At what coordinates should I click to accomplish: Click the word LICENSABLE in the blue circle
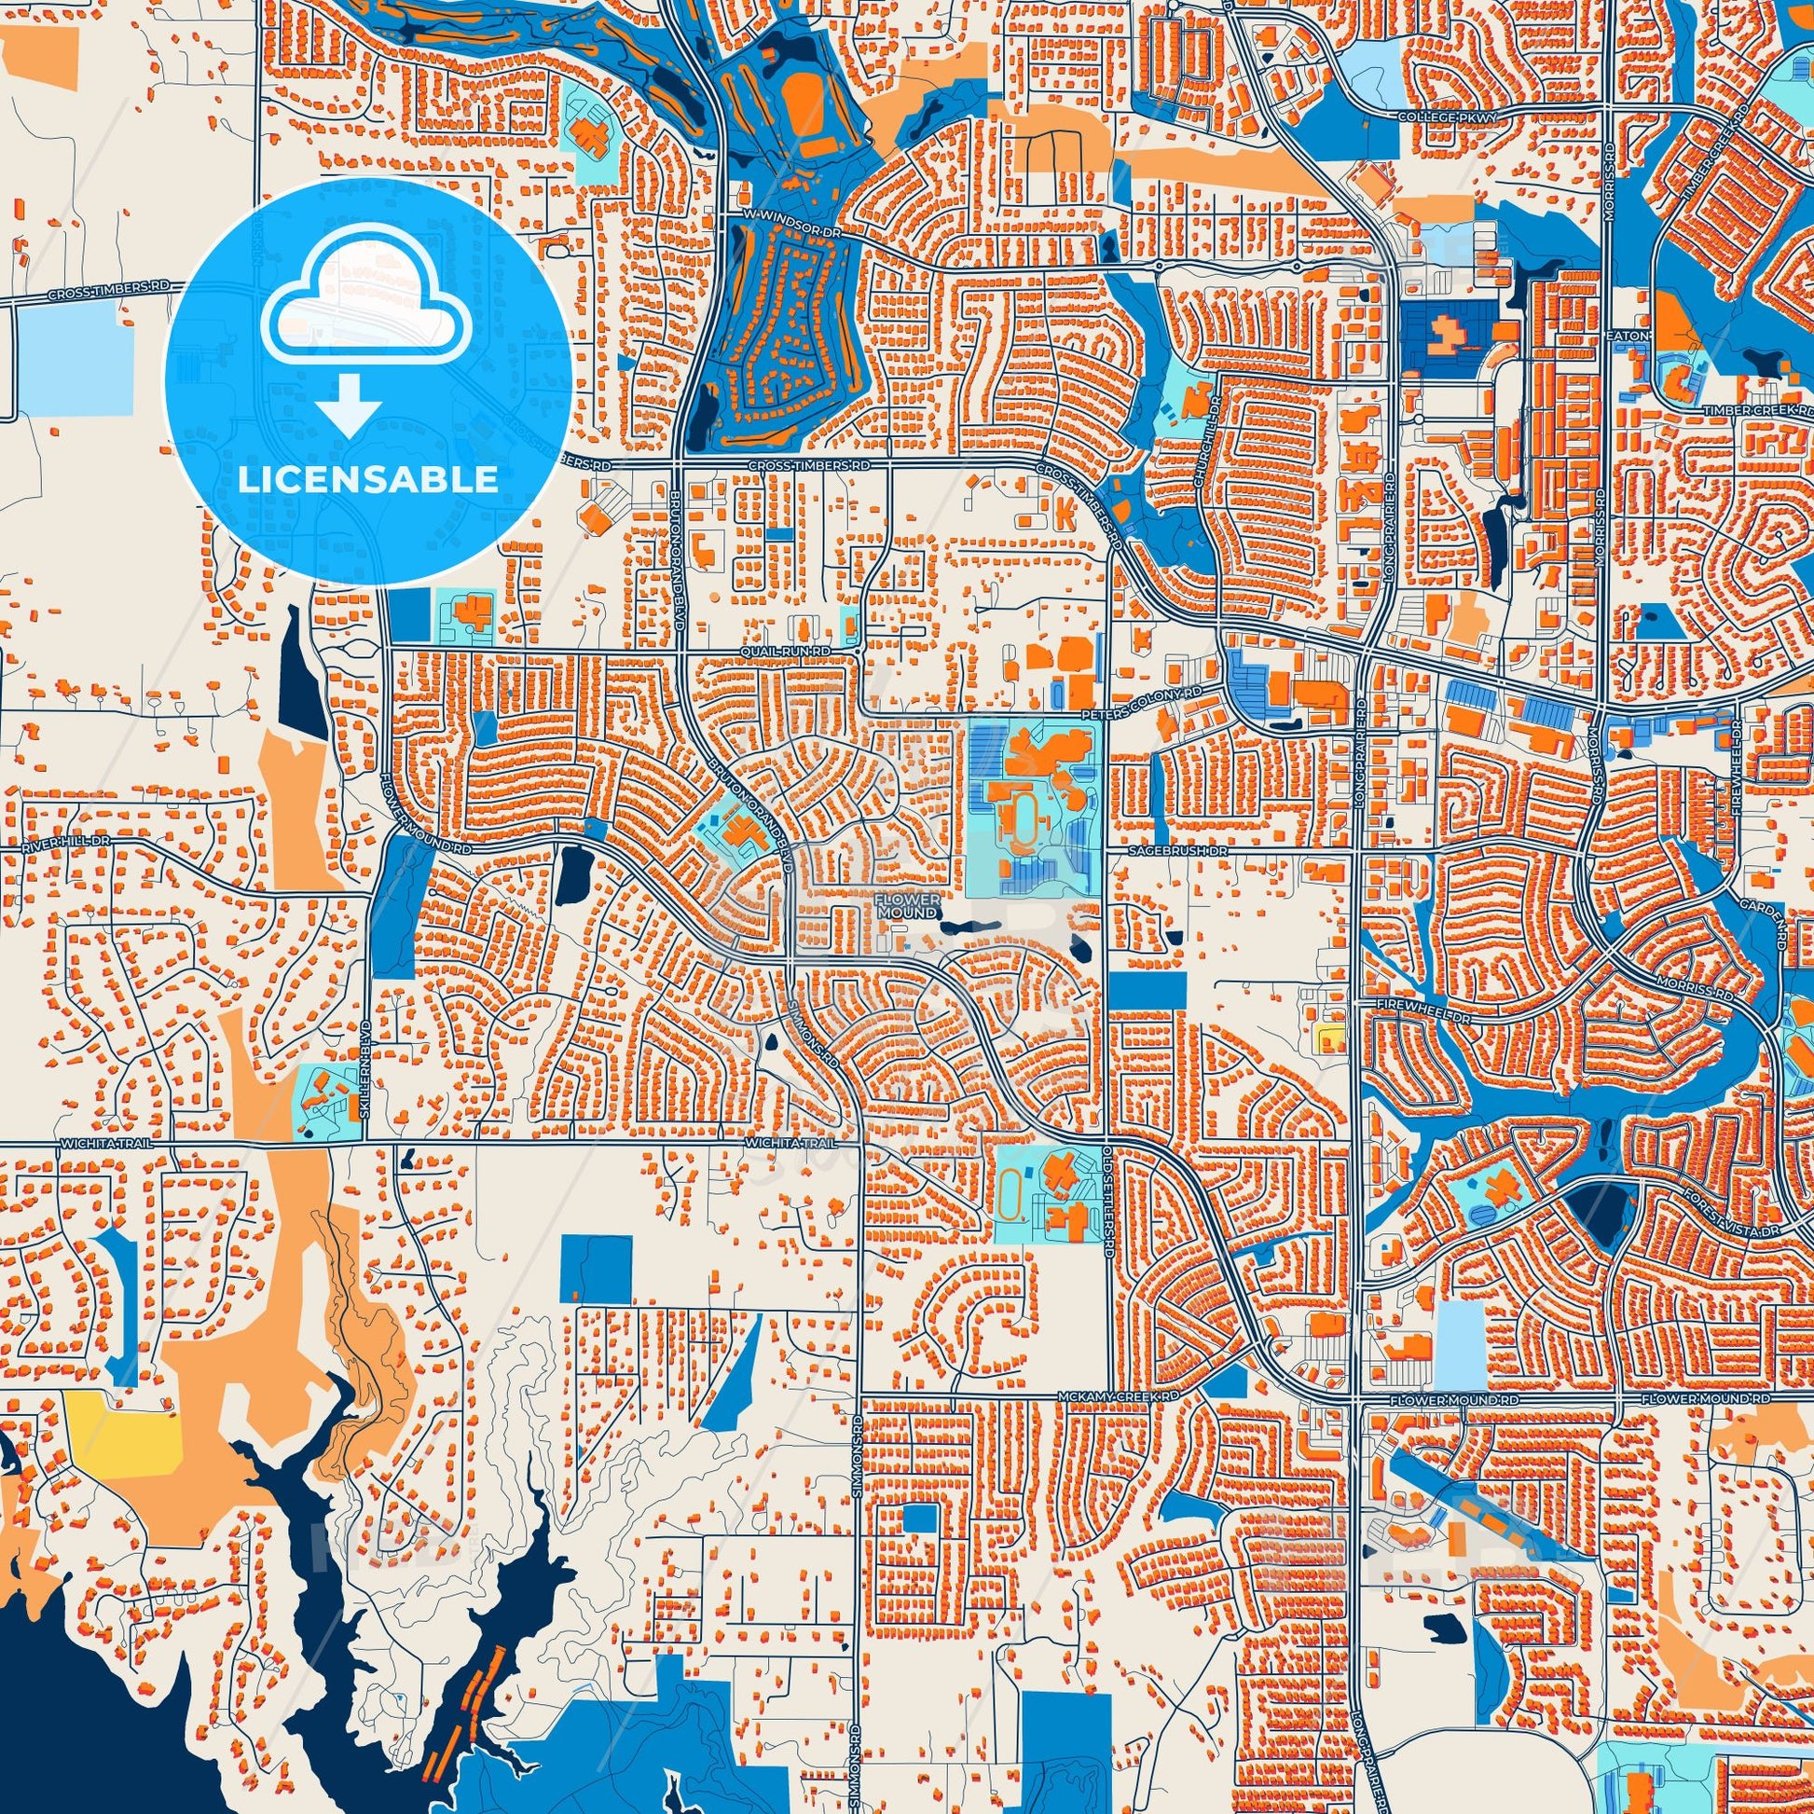click(x=368, y=480)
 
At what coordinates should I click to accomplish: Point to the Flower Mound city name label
click(x=906, y=906)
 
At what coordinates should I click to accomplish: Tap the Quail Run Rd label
click(x=785, y=650)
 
